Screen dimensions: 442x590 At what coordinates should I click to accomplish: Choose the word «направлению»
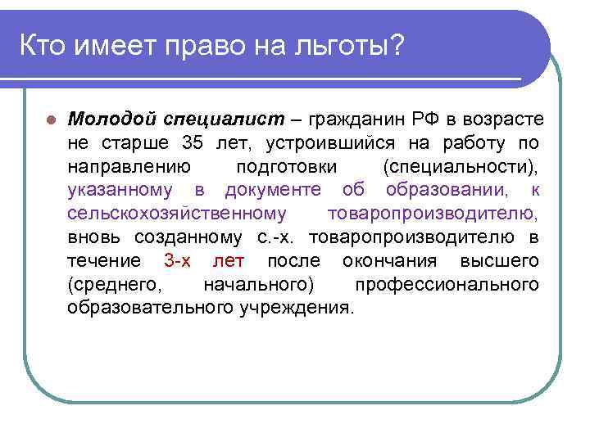coord(129,167)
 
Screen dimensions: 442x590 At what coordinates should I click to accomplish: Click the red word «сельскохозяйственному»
coord(177,214)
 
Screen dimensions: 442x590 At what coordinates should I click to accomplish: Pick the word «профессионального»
coord(447,285)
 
